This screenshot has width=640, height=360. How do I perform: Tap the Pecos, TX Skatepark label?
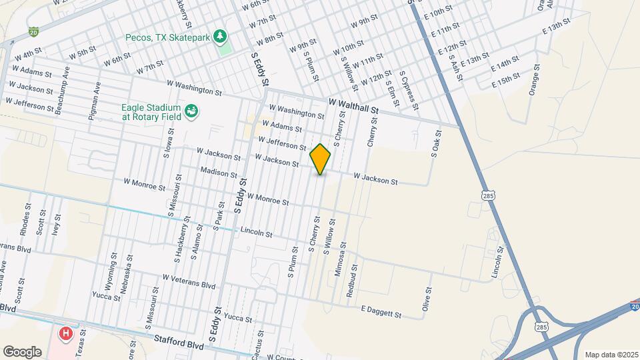click(167, 37)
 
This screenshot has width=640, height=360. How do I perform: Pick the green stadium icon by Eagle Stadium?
click(191, 111)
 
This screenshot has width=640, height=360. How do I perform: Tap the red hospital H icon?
click(66, 333)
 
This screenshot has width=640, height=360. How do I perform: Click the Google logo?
click(22, 351)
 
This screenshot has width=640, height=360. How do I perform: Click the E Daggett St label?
click(381, 312)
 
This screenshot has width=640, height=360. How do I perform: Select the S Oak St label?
click(436, 145)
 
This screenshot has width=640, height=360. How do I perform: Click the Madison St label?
click(219, 173)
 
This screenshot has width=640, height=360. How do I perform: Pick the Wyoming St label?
click(111, 267)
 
